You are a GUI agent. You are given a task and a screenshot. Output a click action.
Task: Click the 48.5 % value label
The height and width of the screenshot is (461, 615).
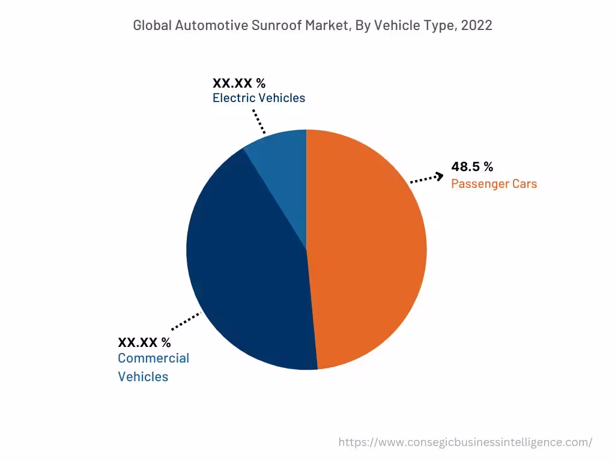(472, 167)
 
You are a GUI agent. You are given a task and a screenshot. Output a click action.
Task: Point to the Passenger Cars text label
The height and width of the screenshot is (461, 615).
(494, 184)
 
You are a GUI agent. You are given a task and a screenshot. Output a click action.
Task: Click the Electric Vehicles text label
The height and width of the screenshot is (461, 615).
(259, 98)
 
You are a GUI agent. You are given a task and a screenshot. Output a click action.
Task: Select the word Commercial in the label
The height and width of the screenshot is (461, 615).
(153, 358)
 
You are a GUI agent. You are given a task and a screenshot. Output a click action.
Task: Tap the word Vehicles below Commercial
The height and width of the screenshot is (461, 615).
(143, 377)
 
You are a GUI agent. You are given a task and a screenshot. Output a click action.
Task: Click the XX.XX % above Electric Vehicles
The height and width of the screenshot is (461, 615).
(239, 83)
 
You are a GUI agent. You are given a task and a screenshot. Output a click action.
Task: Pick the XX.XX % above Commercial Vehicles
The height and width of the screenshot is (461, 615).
(144, 343)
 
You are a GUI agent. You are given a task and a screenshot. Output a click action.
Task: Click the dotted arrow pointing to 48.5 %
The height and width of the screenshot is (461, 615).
(427, 178)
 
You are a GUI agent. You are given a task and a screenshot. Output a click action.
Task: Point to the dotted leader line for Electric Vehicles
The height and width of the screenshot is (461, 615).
(258, 121)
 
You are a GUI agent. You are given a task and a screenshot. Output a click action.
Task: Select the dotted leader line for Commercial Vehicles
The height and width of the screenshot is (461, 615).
(186, 321)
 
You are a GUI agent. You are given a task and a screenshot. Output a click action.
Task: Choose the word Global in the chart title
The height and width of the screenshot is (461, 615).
(153, 25)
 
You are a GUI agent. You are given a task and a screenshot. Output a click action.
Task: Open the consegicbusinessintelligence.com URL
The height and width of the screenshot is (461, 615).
(465, 442)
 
